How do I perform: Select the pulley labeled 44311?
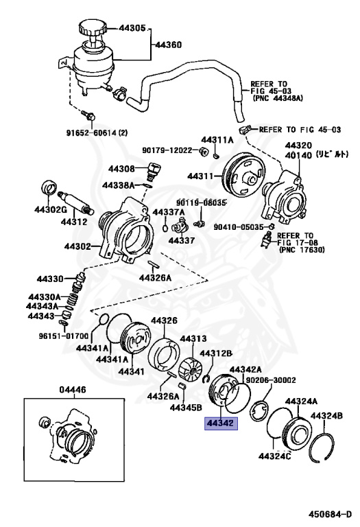[x=241, y=174]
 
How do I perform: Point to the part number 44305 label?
[x=132, y=28]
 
